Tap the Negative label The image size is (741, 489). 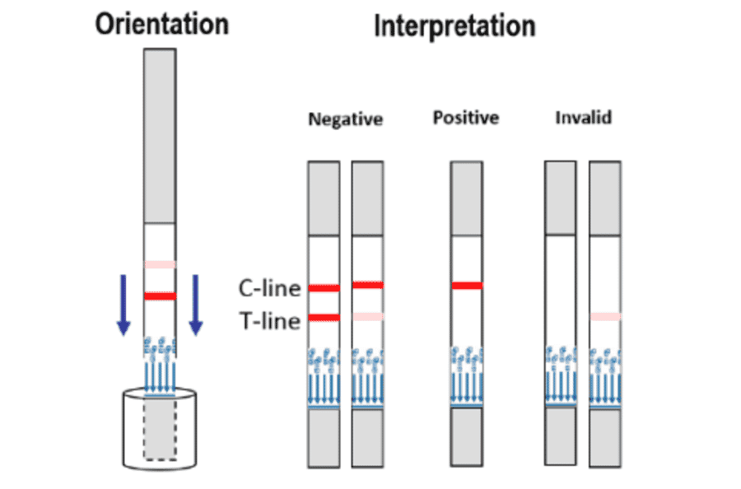pos(345,119)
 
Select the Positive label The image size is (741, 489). pos(466,118)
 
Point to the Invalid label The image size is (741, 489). pos(583,118)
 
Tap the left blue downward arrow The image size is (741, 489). pos(123,305)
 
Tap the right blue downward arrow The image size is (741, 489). pos(195,305)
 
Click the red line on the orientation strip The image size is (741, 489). pos(160,296)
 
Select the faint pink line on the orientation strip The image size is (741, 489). pos(160,264)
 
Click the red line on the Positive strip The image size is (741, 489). pos(467,286)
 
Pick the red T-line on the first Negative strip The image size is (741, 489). pos(324,318)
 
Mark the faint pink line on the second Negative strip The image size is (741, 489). pos(367,316)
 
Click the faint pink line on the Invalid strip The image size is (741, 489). pos(605,316)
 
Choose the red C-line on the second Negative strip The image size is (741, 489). pos(367,285)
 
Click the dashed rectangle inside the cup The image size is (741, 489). pos(159,429)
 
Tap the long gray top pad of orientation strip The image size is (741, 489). pos(160,136)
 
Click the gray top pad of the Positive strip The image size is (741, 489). pos(467,198)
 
